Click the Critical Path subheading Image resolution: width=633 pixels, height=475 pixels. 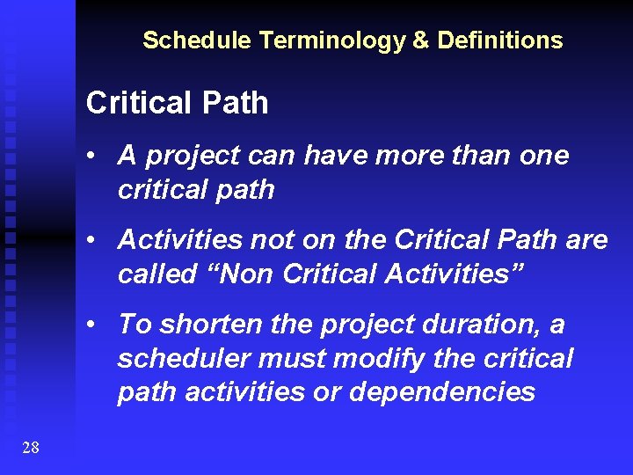click(177, 104)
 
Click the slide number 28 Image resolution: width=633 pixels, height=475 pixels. click(30, 448)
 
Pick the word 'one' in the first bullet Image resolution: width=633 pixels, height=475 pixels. click(544, 156)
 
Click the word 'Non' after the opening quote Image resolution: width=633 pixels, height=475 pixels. click(250, 274)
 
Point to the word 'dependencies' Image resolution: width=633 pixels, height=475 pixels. click(442, 392)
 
